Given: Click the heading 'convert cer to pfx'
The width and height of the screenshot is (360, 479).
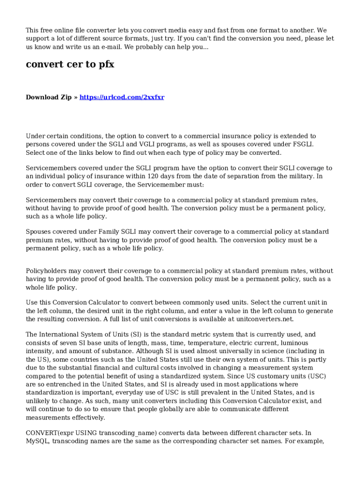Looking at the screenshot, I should pos(70,65).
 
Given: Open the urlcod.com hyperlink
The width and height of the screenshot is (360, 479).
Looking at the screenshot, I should pos(122,97).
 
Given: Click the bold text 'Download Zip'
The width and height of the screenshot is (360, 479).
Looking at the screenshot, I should pos(49,97).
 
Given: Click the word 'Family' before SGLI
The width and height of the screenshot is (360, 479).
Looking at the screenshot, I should pos(110,232).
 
